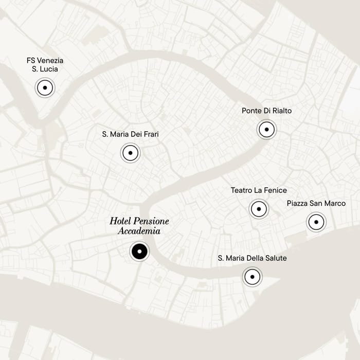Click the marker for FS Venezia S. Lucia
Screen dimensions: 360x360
tap(45, 88)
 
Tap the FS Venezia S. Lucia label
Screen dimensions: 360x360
tap(45, 64)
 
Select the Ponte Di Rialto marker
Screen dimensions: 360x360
tap(266, 130)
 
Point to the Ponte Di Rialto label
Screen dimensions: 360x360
tap(266, 111)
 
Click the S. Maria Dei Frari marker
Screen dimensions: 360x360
tap(130, 153)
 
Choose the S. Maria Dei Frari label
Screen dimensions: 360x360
tap(130, 134)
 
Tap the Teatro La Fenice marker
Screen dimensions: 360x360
tap(258, 209)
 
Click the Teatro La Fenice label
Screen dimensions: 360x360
tap(259, 190)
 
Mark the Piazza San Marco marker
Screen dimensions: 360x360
tap(316, 222)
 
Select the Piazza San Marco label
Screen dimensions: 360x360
tap(316, 204)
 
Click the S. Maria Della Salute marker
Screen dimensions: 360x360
tap(252, 277)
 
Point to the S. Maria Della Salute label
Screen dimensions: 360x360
tap(252, 258)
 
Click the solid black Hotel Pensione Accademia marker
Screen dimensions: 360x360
tap(139, 251)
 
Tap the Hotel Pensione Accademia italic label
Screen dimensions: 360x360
tap(139, 226)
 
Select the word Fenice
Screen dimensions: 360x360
tap(275, 190)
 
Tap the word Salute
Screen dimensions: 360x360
tap(275, 258)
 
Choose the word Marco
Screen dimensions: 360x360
tap(335, 204)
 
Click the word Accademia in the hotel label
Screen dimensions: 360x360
tap(139, 231)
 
